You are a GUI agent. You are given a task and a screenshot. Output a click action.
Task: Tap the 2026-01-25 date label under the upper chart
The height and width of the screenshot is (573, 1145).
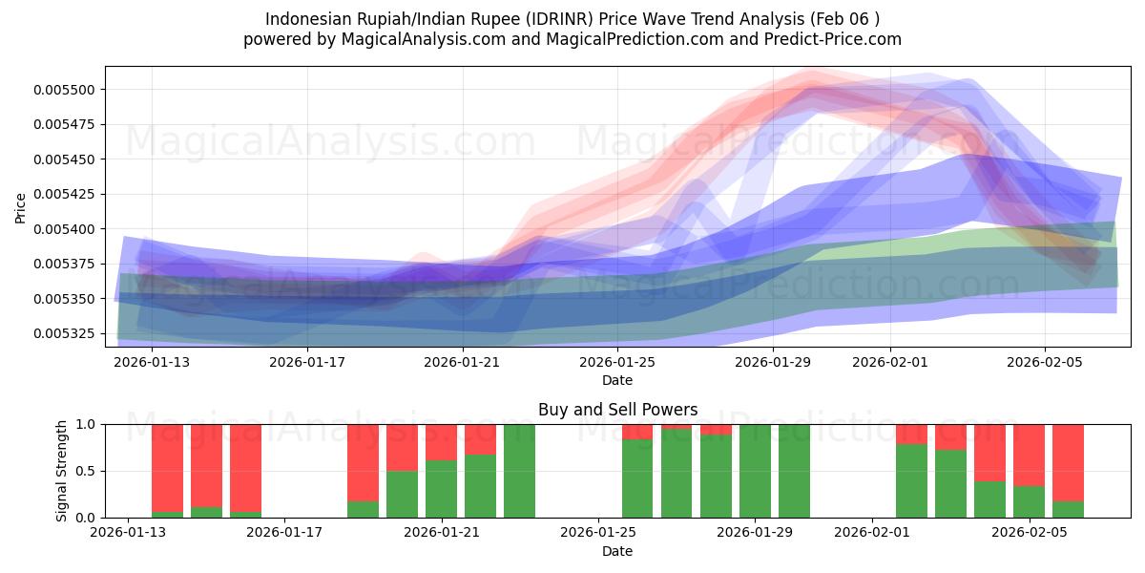click(x=617, y=362)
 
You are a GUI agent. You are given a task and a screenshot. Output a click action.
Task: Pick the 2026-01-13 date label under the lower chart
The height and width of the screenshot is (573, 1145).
click(x=129, y=533)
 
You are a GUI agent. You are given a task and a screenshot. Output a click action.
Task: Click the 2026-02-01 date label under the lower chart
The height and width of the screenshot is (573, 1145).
click(x=872, y=533)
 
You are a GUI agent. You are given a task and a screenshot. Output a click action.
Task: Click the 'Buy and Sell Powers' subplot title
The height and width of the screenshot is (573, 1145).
click(x=617, y=410)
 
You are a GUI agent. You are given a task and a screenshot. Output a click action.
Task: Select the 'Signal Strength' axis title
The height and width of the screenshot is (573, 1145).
click(x=62, y=471)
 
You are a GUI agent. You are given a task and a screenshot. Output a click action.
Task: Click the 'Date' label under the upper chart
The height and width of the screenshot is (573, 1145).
click(x=617, y=380)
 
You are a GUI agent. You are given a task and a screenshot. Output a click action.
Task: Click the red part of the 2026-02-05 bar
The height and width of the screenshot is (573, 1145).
click(x=1029, y=455)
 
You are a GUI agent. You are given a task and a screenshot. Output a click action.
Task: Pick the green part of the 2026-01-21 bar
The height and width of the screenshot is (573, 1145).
click(x=442, y=489)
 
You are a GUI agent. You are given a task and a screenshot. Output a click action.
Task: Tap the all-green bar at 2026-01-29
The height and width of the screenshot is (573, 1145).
click(x=755, y=471)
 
